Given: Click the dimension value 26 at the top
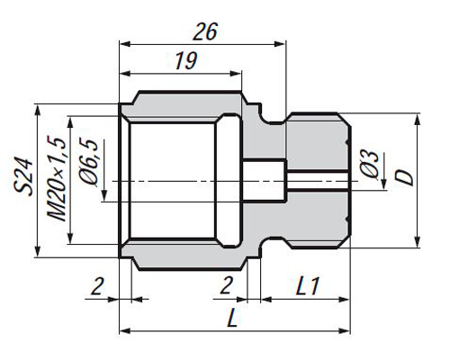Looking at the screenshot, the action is pos(205,31).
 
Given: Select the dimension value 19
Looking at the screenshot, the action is pos(186,60).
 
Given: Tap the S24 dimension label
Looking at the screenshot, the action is pos(23,176).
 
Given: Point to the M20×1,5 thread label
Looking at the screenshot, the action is pos(56,179).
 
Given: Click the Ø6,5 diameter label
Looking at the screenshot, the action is pos(89,162).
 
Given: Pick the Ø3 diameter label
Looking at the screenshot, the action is pos(369,165).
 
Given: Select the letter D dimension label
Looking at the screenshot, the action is pos(404,178).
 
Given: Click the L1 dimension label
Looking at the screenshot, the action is pos(308,286).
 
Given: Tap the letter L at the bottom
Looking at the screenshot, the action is pos(232,319).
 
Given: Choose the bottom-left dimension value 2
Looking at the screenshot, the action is pos(97,286).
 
